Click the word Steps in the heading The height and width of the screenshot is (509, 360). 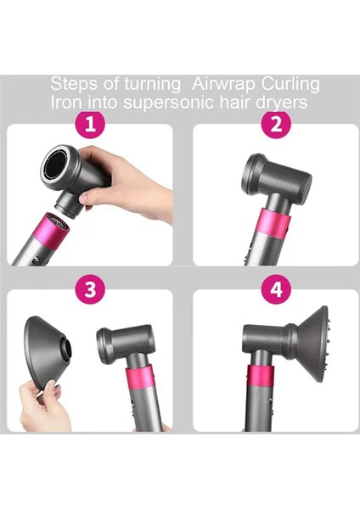tap(72, 84)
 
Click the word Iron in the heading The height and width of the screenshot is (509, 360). tap(67, 101)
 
